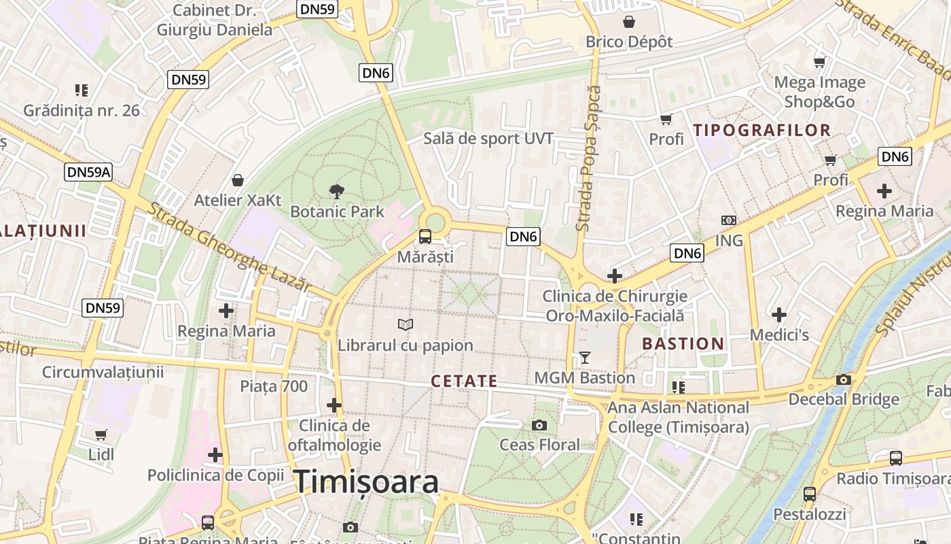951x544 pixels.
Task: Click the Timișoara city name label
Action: click(366, 482)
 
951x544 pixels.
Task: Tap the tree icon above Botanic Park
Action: click(336, 192)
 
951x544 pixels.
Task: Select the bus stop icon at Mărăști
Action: click(425, 237)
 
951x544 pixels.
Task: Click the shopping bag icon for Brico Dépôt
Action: click(629, 22)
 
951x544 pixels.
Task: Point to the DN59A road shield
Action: click(88, 172)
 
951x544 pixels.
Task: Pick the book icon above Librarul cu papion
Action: click(406, 324)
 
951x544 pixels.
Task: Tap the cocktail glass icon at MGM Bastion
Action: click(584, 357)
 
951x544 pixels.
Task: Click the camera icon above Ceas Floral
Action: click(539, 425)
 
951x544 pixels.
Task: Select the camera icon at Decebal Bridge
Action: click(844, 379)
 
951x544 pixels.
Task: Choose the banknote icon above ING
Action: click(729, 220)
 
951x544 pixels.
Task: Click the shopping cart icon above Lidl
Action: click(101, 434)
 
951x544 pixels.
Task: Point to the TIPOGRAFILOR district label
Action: click(761, 130)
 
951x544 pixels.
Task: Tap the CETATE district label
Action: click(465, 381)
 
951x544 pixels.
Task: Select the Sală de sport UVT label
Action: click(488, 139)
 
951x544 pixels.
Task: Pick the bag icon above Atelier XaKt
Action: click(238, 180)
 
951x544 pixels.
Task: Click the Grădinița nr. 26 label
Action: click(82, 110)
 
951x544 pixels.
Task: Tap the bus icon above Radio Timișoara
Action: click(896, 458)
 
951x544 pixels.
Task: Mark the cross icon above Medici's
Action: click(779, 315)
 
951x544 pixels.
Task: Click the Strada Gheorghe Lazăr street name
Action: click(228, 247)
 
